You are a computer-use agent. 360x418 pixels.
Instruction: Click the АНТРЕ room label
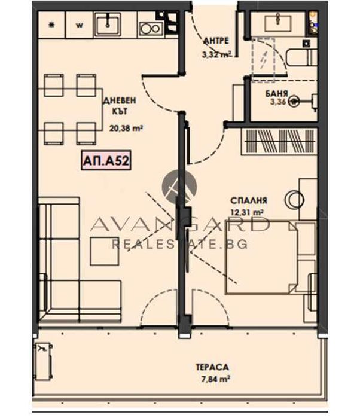coord(215,41)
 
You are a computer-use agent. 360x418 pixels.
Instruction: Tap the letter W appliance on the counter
coord(80,26)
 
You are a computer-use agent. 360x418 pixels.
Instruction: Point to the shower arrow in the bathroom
coord(263,59)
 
